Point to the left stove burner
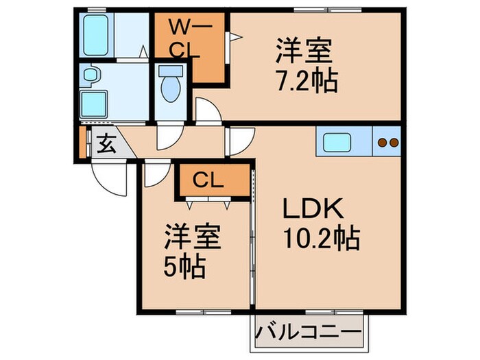(x=383, y=143)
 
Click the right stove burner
(x=394, y=143)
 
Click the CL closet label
(x=208, y=180)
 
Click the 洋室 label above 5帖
(x=191, y=239)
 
